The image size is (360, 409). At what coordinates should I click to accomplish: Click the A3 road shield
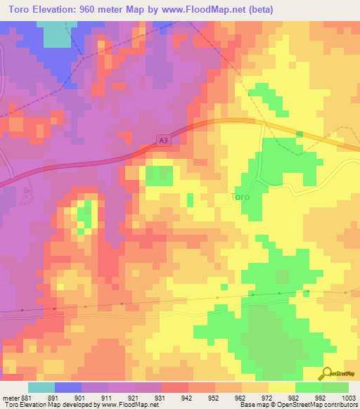[163, 141]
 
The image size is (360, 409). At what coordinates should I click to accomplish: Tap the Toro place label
[240, 197]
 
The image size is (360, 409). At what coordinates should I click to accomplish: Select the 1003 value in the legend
[349, 397]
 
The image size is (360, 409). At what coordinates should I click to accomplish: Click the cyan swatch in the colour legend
[41, 387]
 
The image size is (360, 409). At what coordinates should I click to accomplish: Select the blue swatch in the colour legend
[67, 387]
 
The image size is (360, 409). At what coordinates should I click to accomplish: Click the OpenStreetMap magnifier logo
[327, 372]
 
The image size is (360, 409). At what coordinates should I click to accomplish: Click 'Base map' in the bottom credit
[252, 405]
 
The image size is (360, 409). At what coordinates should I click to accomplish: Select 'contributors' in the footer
[340, 405]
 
